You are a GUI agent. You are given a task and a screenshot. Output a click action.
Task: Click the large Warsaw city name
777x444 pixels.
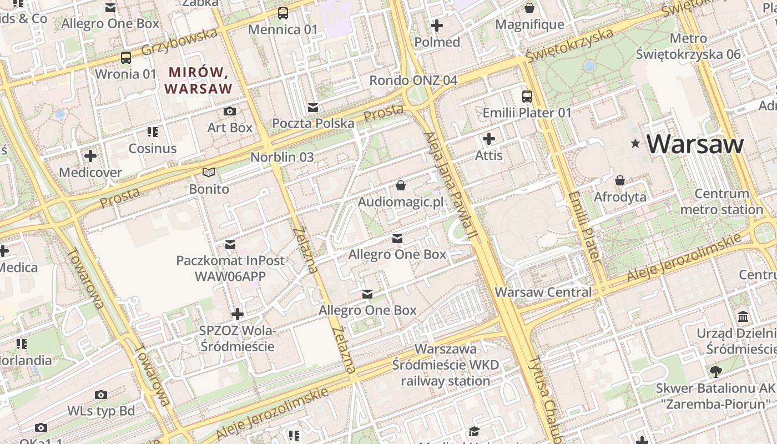tap(695, 144)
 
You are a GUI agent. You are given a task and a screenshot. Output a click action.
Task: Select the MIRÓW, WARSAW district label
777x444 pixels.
tap(198, 80)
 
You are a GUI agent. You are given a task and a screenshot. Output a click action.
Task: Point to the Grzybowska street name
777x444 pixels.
tap(179, 42)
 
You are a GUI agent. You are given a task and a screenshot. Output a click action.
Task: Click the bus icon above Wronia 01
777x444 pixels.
tap(126, 58)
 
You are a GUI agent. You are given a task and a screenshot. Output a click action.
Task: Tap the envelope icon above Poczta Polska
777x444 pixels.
tap(313, 107)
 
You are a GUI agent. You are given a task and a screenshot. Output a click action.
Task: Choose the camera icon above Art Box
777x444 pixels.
tap(229, 112)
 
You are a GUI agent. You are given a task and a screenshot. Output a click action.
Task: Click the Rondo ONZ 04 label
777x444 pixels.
tap(413, 80)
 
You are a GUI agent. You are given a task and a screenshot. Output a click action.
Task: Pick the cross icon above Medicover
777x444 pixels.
tap(90, 156)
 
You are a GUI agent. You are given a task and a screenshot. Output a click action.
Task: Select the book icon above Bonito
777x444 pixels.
tap(209, 173)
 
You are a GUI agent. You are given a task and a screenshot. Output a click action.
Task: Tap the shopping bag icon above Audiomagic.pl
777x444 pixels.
tap(401, 185)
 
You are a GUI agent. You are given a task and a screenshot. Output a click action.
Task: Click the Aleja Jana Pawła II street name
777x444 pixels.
tap(450, 186)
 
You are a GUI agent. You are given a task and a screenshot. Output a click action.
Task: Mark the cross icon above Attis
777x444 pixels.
tap(489, 139)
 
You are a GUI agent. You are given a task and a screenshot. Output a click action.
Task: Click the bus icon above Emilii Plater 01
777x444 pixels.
tap(527, 97)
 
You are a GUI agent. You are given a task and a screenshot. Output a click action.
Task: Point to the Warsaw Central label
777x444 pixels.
tap(543, 292)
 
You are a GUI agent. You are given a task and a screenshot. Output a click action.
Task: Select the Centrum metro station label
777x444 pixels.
tap(722, 201)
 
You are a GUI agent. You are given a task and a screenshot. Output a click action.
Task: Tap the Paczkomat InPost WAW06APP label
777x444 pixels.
tap(230, 268)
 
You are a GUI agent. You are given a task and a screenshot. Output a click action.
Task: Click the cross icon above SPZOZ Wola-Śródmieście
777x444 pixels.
tap(238, 314)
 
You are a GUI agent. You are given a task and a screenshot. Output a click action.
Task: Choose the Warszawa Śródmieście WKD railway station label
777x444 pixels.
tap(446, 365)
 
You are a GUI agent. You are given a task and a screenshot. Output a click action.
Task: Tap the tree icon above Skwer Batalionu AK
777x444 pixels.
tap(715, 372)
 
